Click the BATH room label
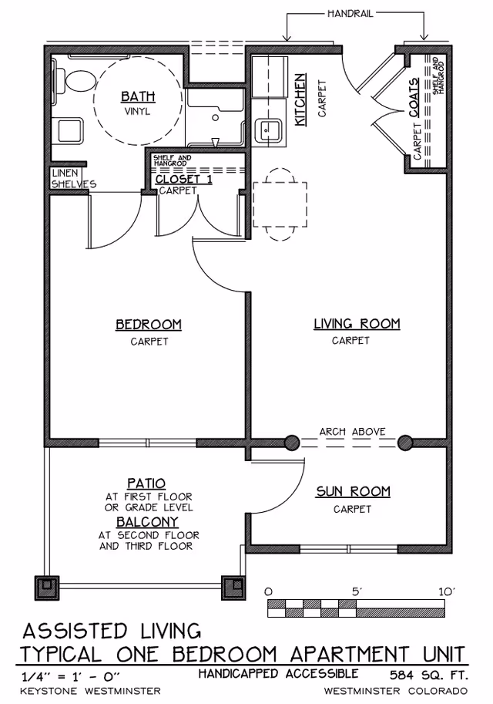click(138, 96)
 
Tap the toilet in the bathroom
click(75, 81)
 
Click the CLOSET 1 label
click(183, 179)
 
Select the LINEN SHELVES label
click(73, 179)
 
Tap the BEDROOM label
click(149, 325)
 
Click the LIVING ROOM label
click(357, 324)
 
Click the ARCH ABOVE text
click(352, 432)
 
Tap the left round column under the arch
click(292, 443)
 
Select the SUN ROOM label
click(353, 491)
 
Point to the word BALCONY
click(149, 521)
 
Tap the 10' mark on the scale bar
click(447, 591)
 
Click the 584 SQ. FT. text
click(428, 674)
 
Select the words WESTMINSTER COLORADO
click(396, 690)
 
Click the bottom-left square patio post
click(48, 588)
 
